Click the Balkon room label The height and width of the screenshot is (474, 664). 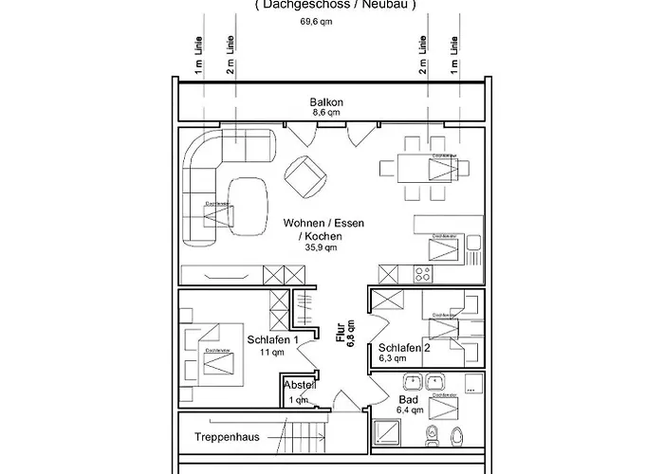[325, 101]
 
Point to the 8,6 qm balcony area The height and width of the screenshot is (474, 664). [325, 112]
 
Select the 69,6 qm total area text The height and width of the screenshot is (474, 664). [318, 21]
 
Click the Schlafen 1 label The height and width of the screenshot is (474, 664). [273, 339]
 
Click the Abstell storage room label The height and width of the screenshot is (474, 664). [300, 386]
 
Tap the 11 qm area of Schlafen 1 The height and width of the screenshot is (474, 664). [271, 353]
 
